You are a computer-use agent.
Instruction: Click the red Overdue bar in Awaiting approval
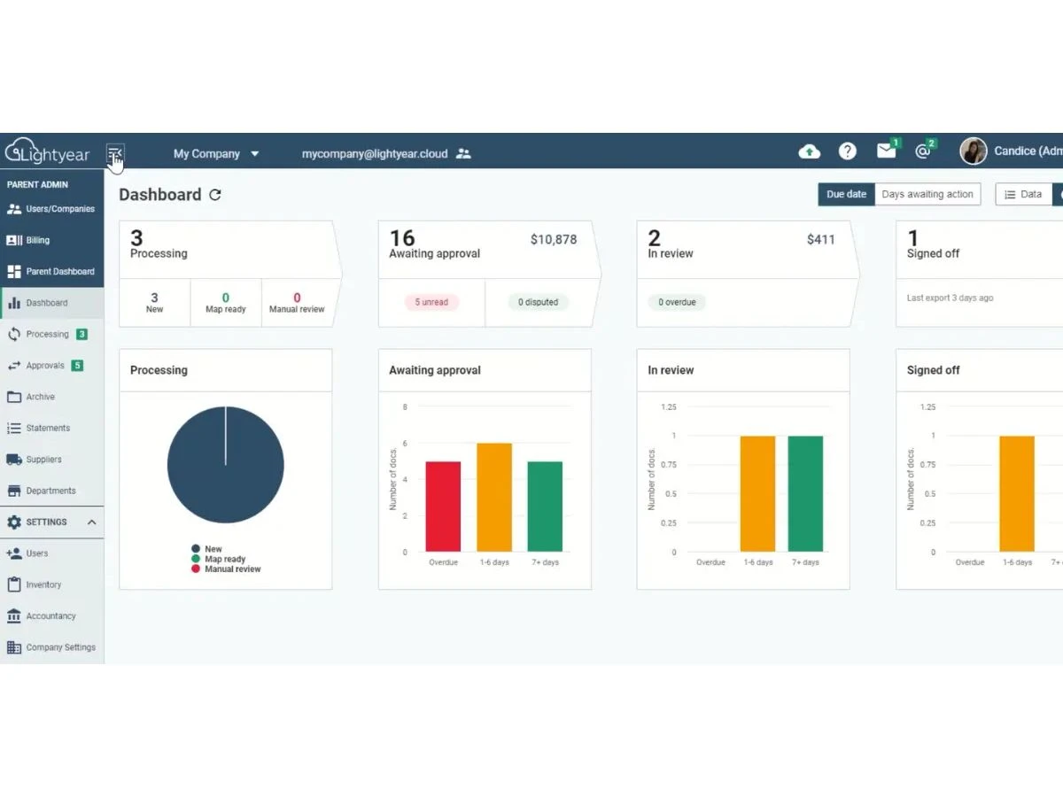click(x=443, y=507)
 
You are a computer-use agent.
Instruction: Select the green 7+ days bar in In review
click(x=805, y=493)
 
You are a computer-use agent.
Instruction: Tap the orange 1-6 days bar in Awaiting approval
click(x=494, y=498)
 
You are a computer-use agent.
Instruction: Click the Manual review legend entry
click(x=226, y=569)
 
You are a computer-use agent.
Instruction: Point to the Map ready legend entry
click(x=219, y=559)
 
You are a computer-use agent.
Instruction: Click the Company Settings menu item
click(x=51, y=647)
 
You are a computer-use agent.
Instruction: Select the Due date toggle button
click(x=846, y=194)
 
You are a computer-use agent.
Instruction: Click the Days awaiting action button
click(x=927, y=194)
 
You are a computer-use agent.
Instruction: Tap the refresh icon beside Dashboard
click(x=215, y=195)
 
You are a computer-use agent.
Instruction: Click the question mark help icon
click(x=847, y=151)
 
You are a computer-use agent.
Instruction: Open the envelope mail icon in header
click(x=886, y=151)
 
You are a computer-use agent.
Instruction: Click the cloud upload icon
click(x=810, y=151)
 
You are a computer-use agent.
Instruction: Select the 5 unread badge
click(x=431, y=302)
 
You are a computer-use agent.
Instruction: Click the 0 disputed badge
click(x=538, y=302)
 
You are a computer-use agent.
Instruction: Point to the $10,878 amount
click(x=554, y=239)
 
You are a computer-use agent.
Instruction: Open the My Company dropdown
click(x=216, y=154)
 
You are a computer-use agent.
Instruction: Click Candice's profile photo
click(x=973, y=151)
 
